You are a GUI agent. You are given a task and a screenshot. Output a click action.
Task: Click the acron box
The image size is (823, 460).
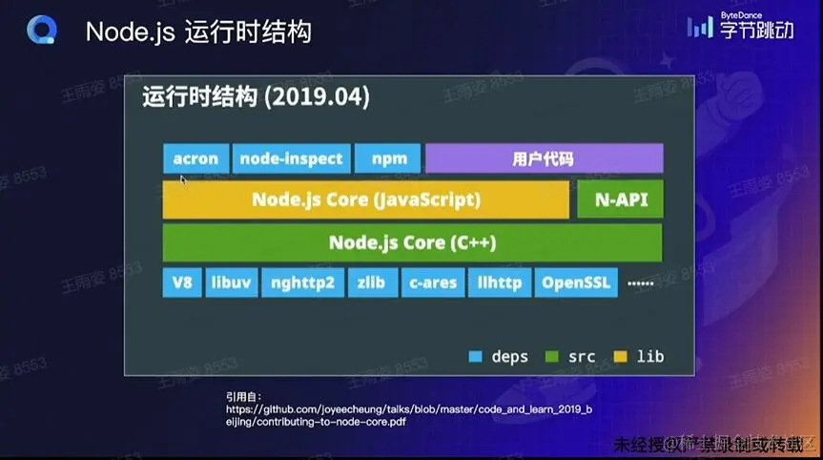click(195, 159)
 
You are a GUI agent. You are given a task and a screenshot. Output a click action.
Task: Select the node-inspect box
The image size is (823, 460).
click(292, 159)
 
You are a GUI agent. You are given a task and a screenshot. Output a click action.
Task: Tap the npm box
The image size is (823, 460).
click(388, 159)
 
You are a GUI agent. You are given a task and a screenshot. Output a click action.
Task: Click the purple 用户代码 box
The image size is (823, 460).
click(544, 159)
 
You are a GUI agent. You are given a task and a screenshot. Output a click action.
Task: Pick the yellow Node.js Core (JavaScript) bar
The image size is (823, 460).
click(365, 200)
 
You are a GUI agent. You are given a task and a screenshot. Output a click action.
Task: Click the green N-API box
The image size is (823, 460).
click(620, 200)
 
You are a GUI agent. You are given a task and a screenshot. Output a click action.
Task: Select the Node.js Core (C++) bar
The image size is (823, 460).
click(412, 242)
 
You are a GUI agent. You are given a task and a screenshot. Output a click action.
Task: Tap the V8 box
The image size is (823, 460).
click(182, 283)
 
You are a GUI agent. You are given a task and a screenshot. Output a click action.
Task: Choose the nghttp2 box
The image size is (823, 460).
click(301, 283)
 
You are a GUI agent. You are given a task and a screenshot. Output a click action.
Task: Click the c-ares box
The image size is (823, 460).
click(433, 283)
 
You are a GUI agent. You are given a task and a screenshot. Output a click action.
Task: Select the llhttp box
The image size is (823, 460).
click(499, 283)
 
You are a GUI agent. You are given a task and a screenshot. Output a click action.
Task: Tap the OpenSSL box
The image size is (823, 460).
click(576, 283)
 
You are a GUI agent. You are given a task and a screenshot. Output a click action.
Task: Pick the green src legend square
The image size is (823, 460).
click(550, 357)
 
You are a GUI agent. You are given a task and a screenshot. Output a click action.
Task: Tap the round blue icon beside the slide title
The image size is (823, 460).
click(44, 31)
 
